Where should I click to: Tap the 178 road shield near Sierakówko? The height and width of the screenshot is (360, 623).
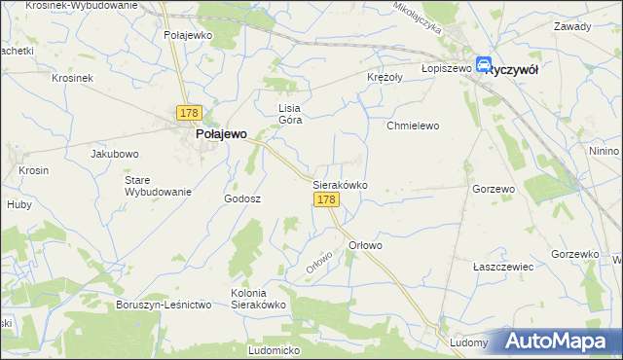point(326,199)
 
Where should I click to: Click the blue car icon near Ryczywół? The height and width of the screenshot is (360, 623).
point(484,65)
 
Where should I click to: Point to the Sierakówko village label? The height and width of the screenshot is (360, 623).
point(339,183)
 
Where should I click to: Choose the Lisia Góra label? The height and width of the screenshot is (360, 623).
point(292,114)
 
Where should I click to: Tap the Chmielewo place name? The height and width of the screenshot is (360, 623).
point(414,126)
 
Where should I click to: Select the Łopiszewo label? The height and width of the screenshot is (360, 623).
point(446,69)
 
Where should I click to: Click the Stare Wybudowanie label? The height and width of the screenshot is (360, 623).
point(157,186)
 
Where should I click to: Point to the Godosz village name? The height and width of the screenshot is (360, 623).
point(242,198)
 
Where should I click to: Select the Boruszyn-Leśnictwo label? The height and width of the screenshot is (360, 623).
point(164,305)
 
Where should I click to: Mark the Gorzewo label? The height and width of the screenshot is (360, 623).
point(493,189)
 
